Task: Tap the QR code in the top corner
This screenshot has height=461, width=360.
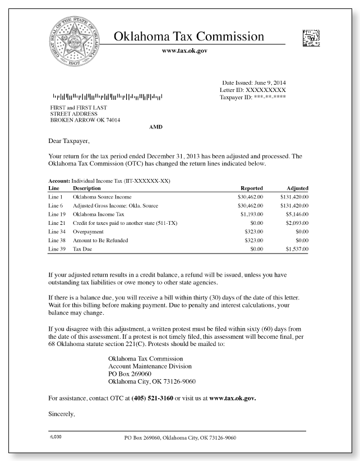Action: pyautogui.click(x=311, y=38)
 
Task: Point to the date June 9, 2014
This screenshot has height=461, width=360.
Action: pyautogui.click(x=270, y=83)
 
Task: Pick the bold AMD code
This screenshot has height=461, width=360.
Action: pyautogui.click(x=156, y=127)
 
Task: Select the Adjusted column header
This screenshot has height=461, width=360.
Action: pyautogui.click(x=297, y=188)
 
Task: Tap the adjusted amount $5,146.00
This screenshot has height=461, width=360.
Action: pyautogui.click(x=294, y=215)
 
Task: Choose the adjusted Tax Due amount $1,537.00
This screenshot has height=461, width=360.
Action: pyautogui.click(x=294, y=249)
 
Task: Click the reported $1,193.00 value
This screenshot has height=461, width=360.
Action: pyautogui.click(x=249, y=215)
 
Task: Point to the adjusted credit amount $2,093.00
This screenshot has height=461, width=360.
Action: pyautogui.click(x=294, y=223)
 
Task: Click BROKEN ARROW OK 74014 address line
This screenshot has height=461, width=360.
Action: pyautogui.click(x=85, y=120)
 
